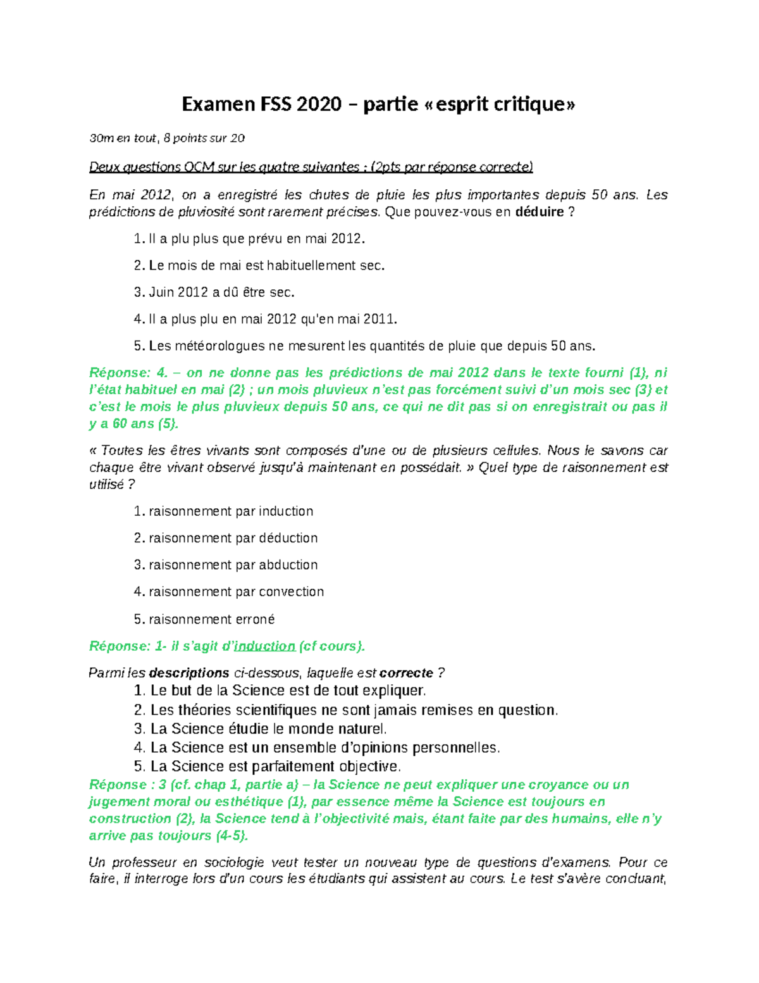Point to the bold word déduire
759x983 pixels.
tap(540, 212)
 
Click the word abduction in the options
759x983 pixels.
tap(288, 565)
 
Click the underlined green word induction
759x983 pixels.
tap(264, 646)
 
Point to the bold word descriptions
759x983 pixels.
tap(188, 673)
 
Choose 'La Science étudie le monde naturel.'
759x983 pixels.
tap(268, 729)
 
